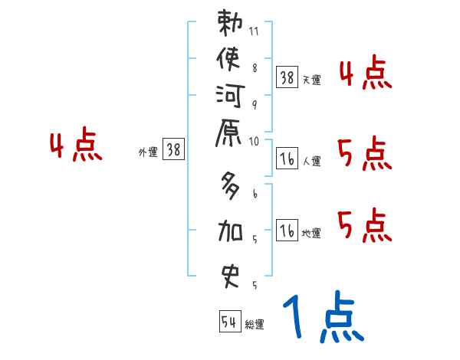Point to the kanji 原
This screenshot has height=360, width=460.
[231, 135]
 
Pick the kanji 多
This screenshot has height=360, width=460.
[231, 185]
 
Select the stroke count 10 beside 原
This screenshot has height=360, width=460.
[255, 142]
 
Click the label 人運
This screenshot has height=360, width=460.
[311, 162]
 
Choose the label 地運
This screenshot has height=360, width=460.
[311, 234]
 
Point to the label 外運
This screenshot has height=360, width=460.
[147, 153]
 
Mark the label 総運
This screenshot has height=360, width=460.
[255, 325]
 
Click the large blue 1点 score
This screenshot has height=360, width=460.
[322, 316]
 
